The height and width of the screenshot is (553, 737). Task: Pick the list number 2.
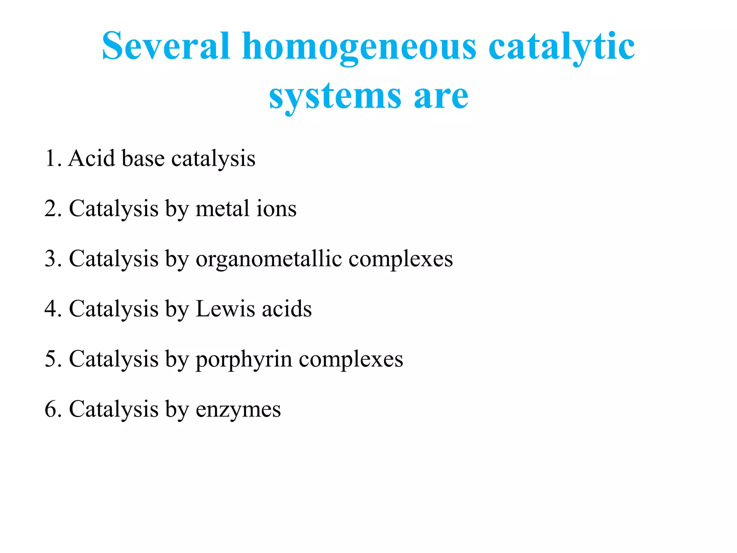tap(53, 208)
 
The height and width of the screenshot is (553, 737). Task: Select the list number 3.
tap(53, 258)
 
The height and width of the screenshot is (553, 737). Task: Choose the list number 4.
tap(53, 309)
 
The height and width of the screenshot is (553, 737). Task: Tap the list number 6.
tap(53, 409)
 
